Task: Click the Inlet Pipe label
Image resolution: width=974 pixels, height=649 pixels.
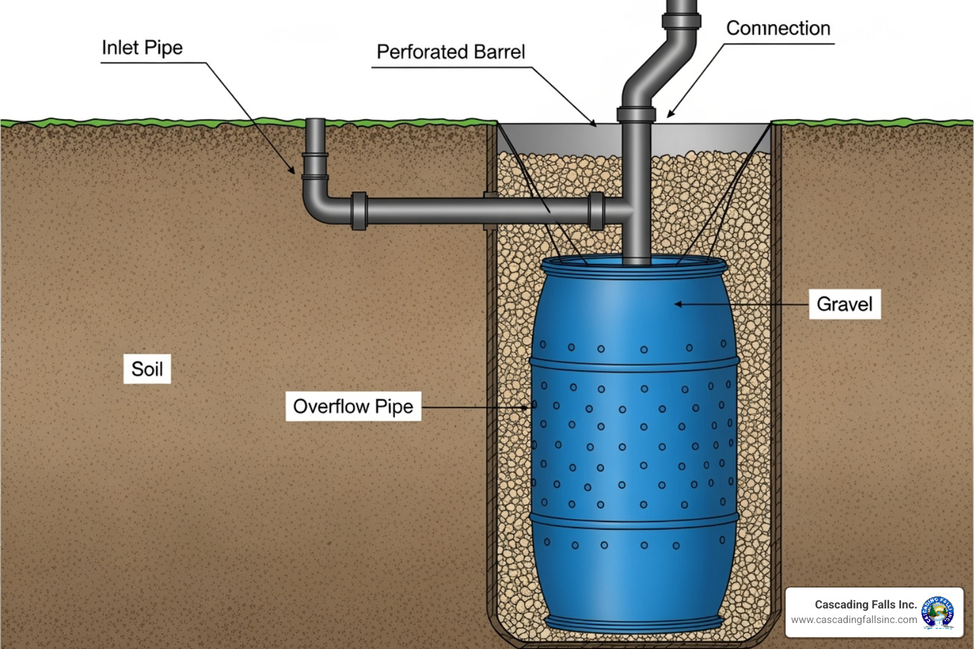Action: point(142,48)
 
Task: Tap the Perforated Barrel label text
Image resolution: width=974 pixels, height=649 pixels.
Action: point(451,52)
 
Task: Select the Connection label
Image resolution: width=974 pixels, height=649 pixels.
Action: point(778,29)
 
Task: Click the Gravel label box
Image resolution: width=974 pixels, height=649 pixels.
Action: point(844,304)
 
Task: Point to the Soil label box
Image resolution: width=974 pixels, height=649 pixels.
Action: point(147,369)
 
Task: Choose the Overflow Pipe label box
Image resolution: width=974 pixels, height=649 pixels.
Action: point(353,406)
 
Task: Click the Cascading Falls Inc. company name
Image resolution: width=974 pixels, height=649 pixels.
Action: point(866,605)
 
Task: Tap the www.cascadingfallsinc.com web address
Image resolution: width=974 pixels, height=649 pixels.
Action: point(854,620)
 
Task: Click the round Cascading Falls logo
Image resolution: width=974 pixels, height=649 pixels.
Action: point(938,612)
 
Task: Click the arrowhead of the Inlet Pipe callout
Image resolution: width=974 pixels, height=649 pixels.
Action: point(292,171)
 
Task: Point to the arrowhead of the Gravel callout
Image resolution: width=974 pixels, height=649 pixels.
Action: point(677,304)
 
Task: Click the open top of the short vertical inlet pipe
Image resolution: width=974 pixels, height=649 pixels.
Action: point(315,120)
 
